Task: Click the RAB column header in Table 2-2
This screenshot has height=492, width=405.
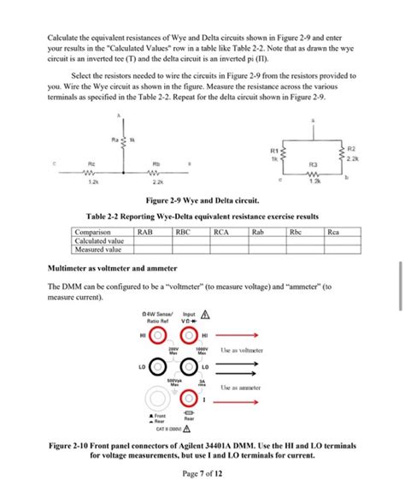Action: [x=144, y=232]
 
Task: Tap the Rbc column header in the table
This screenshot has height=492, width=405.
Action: [x=296, y=232]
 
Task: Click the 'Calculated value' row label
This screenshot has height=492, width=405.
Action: [x=98, y=240]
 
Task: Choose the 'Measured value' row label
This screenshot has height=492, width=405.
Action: [x=97, y=250]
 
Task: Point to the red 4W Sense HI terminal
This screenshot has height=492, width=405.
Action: [x=158, y=335]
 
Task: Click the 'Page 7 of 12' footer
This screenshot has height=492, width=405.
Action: [x=202, y=474]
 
